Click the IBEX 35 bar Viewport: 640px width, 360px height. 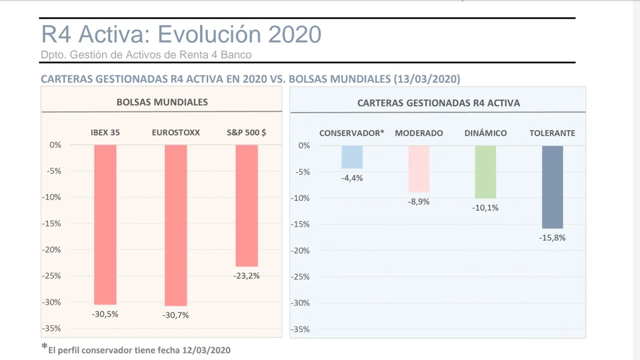pyautogui.click(x=105, y=224)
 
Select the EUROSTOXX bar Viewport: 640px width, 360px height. pyautogui.click(x=176, y=225)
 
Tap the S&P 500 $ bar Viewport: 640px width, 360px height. pyautogui.click(x=246, y=206)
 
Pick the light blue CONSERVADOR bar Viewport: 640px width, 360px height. pyautogui.click(x=352, y=157)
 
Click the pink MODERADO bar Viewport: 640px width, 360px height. pyautogui.click(x=418, y=169)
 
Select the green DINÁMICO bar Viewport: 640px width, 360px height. pyautogui.click(x=485, y=172)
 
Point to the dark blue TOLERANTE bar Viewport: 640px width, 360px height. pyautogui.click(x=552, y=187)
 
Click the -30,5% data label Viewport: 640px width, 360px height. pyautogui.click(x=105, y=314)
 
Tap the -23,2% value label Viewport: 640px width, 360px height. pyautogui.click(x=246, y=276)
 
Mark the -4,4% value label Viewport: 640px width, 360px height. pyautogui.click(x=352, y=178)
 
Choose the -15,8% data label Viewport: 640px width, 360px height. pyautogui.click(x=552, y=237)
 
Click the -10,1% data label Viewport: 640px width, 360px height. pyautogui.click(x=485, y=208)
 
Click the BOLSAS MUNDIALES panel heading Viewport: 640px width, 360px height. pyautogui.click(x=162, y=102)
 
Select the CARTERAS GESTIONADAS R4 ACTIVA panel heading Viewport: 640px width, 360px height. pyautogui.click(x=438, y=103)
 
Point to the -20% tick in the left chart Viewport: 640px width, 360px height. pyautogui.click(x=51, y=250)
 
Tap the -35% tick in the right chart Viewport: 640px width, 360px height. pyautogui.click(x=300, y=330)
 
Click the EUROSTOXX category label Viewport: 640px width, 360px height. pyautogui.click(x=176, y=133)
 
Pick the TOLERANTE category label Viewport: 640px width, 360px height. pyautogui.click(x=552, y=133)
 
